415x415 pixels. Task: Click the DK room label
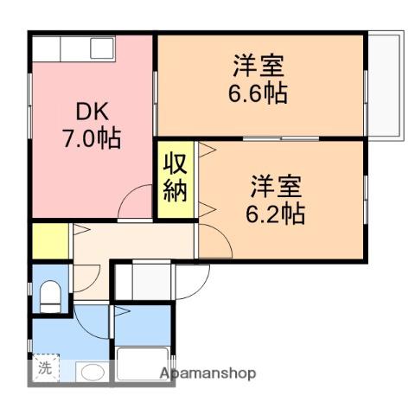pos(93,112)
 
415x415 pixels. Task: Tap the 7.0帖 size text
pos(92,138)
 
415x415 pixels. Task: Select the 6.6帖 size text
pos(258,93)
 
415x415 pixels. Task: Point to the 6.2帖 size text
pos(275,214)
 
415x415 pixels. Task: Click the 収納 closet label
pos(176,178)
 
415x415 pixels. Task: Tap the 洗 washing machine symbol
pos(46,367)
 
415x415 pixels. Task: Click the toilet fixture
pos(50,297)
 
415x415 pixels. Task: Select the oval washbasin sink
pos(93,373)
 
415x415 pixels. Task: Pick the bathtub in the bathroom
pos(143,364)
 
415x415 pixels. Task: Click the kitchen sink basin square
pos(102,48)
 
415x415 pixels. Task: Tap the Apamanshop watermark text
pos(207,373)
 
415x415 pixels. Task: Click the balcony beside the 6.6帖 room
pos(386,86)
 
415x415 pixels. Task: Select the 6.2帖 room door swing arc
pos(222,234)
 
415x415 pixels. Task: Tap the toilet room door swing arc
pos(93,284)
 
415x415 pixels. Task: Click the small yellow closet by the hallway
pos(50,241)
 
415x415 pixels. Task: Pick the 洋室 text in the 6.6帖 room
pos(259,66)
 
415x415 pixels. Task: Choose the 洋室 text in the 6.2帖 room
pos(276,187)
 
